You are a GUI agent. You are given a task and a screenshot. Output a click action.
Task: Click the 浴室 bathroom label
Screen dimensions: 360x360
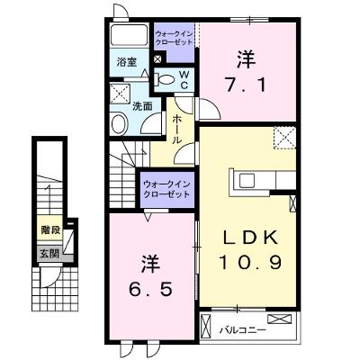(127, 62)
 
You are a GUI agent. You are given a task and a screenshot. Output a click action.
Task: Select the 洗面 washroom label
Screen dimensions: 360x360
(142, 106)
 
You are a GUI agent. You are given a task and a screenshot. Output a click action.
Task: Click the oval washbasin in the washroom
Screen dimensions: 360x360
(120, 123)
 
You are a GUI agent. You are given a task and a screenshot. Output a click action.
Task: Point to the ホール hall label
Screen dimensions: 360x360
(176, 129)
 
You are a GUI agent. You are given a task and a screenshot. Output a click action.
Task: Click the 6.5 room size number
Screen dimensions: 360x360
(150, 290)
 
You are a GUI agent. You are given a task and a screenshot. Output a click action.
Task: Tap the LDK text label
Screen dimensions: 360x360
(249, 238)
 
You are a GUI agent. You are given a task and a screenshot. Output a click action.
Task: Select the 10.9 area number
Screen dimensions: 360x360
(250, 263)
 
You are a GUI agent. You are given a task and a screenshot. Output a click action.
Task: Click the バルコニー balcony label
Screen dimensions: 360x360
(243, 330)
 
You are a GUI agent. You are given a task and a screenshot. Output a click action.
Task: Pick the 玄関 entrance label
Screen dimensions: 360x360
(49, 254)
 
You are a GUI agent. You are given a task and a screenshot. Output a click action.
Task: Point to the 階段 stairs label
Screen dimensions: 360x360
(50, 230)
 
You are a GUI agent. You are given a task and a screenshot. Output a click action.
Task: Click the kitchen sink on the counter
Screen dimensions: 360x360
(247, 181)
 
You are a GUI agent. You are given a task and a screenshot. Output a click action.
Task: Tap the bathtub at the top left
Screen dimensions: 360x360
(129, 36)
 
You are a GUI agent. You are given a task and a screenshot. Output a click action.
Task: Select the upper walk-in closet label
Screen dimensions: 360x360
(175, 38)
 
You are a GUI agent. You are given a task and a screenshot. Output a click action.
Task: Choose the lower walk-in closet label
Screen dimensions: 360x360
(167, 189)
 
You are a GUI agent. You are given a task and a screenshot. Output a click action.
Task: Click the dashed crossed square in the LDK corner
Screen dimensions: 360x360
(284, 138)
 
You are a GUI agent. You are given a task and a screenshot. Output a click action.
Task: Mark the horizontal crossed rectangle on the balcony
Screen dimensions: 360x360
(280, 319)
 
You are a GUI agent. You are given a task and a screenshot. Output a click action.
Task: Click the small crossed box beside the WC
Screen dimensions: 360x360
(157, 58)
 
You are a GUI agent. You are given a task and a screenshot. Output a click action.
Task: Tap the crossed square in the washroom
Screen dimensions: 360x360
(120, 94)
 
